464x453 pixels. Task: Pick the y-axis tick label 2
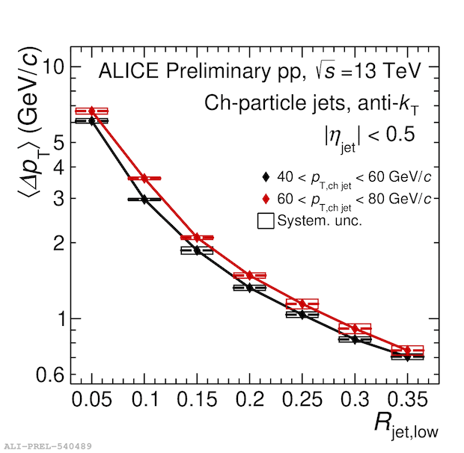[x=58, y=243]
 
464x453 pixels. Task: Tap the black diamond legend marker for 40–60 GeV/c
[x=266, y=177]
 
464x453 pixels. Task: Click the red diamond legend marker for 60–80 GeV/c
[x=266, y=199]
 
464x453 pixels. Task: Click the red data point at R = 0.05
[x=92, y=111]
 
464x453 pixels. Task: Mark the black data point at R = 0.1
[x=144, y=200]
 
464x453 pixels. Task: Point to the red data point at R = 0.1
[x=144, y=179]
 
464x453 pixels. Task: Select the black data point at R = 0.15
[x=197, y=250]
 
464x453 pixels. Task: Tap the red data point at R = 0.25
[x=302, y=304]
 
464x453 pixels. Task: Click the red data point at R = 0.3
[x=355, y=329]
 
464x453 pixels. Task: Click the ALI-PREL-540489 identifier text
[x=48, y=446]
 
